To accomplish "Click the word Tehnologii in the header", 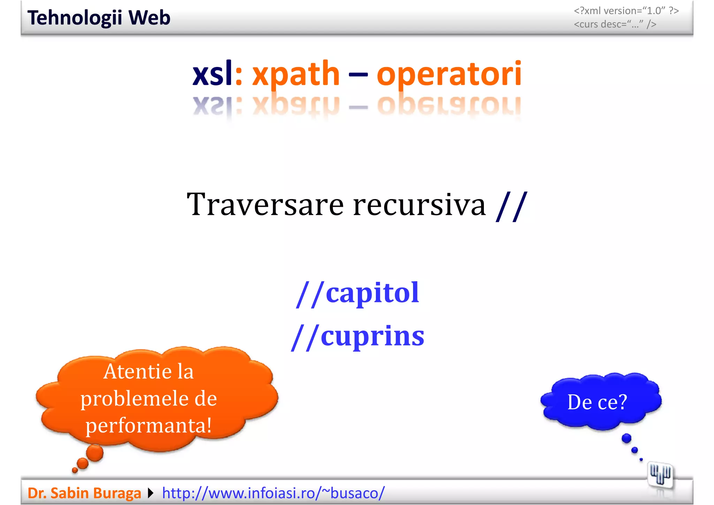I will coord(75,18).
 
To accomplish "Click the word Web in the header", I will coord(149,18).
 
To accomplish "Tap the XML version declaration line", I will coord(626,11).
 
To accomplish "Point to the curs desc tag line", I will coord(615,24).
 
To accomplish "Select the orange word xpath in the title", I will coord(296,74).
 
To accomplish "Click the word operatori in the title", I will coord(449,74).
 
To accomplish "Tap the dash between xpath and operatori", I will coord(358,74).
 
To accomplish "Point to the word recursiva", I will coord(419,205).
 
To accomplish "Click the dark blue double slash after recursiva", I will coord(511,206).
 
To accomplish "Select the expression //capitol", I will coord(358,293).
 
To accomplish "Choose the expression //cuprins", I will coord(358,337).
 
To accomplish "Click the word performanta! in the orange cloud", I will coord(149,426).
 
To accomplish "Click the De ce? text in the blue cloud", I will coord(597,402).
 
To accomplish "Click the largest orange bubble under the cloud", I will coord(95,453).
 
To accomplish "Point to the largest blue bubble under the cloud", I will coord(626,438).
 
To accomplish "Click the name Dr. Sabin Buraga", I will coord(84,493).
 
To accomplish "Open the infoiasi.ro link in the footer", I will coord(273,493).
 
